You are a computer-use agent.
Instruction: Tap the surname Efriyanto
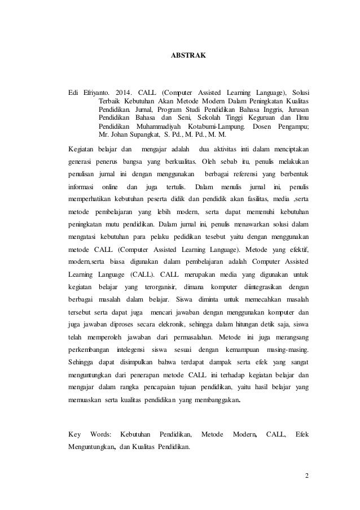click(96, 91)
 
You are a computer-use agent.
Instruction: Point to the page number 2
click(307, 474)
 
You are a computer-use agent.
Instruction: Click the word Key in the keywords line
click(74, 434)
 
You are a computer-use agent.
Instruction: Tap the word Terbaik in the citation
click(111, 101)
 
